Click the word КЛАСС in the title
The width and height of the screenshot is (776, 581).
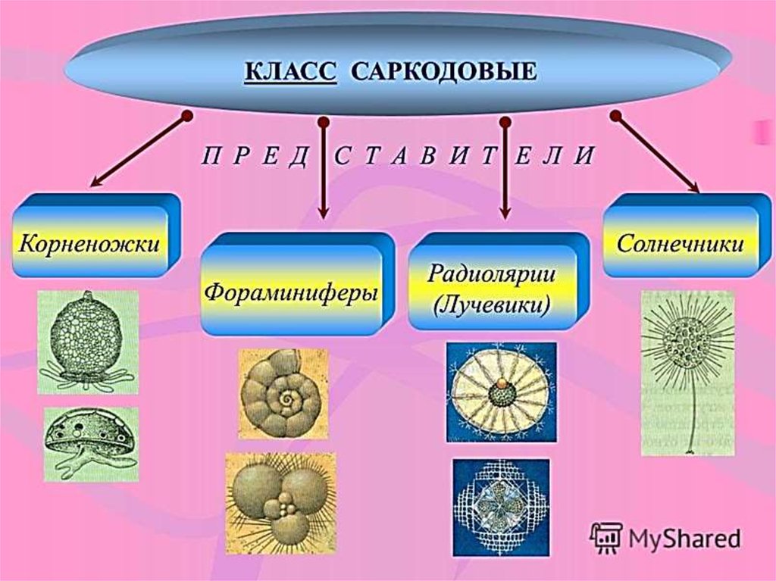click(289, 73)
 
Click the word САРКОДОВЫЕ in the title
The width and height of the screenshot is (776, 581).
click(445, 73)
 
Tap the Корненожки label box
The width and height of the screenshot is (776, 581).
click(90, 243)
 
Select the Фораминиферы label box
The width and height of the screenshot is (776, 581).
click(291, 291)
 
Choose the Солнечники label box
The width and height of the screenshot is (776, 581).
click(679, 243)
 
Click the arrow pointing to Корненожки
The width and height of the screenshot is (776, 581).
click(136, 151)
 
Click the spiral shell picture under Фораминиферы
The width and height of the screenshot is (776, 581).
click(283, 393)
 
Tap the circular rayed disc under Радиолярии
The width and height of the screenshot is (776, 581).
click(500, 391)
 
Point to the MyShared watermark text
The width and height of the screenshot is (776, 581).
click(682, 539)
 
